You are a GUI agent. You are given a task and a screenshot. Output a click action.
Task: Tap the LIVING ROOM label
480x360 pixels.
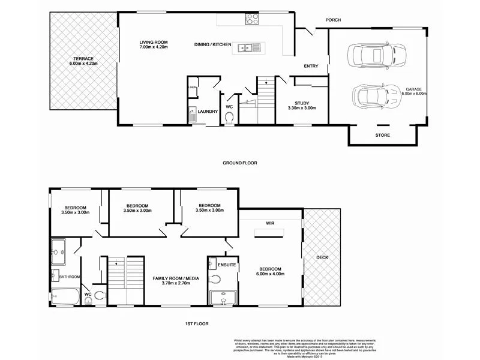pos(153,42)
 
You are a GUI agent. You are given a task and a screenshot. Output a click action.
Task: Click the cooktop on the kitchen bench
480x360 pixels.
pos(251,19)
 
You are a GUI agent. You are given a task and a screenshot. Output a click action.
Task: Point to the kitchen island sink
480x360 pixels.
pos(247,47)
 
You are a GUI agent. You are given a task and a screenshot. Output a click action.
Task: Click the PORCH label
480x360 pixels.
pos(333,20)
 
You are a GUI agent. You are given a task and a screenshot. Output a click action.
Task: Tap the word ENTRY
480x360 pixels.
pos(311,66)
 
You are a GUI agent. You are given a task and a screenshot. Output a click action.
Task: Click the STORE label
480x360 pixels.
pos(382,135)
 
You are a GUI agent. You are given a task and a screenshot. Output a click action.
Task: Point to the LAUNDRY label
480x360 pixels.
pos(207,111)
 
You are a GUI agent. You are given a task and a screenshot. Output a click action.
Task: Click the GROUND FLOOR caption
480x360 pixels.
pos(240,163)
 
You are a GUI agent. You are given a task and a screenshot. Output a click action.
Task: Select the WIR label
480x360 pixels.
pos(270,223)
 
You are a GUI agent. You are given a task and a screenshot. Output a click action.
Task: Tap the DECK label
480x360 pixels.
pos(322,257)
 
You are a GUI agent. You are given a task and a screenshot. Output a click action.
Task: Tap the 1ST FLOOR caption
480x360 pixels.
pos(197,325)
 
